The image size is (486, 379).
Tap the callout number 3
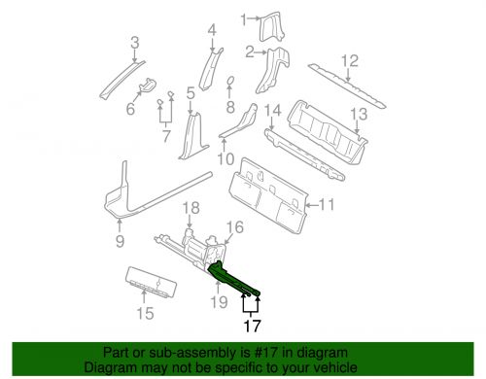[135, 41]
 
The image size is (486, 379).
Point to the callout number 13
[359, 114]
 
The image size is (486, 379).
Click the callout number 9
[120, 241]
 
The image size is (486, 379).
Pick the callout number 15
[145, 314]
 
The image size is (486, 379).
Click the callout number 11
[326, 205]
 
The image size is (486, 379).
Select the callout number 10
[225, 159]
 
